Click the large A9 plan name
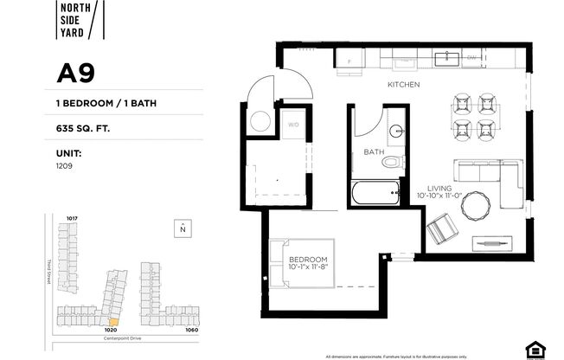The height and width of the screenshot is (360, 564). [75, 74]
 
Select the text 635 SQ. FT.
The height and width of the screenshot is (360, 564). [84, 128]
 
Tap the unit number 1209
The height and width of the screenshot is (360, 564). [63, 164]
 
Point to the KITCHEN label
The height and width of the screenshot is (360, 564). [403, 85]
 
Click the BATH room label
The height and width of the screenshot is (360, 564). [374, 152]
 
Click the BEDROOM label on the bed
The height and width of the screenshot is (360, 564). [309, 260]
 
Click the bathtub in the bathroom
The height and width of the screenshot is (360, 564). [375, 192]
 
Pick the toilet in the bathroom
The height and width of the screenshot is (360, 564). [392, 162]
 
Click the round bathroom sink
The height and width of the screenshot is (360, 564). [397, 132]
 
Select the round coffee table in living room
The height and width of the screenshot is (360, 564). [475, 206]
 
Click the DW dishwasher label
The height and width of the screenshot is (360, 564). [472, 60]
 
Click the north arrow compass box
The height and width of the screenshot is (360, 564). [183, 228]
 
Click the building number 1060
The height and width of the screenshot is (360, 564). [191, 330]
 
